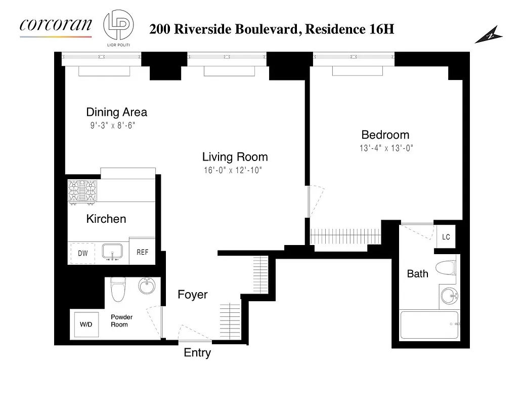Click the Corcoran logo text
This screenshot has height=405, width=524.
click(x=56, y=26)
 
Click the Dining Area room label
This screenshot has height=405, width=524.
click(x=116, y=112)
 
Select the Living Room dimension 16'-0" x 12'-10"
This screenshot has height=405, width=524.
click(x=233, y=171)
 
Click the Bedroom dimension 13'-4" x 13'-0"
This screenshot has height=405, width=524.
click(x=386, y=148)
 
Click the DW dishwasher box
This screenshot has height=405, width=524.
click(x=82, y=253)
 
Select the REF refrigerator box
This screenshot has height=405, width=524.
click(x=142, y=252)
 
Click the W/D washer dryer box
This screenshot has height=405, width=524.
click(x=84, y=324)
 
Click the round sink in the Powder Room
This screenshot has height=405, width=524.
click(x=147, y=287)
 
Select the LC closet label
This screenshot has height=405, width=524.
click(x=446, y=237)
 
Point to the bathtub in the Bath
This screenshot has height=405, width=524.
click(x=429, y=325)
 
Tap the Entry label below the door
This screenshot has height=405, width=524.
click(x=197, y=353)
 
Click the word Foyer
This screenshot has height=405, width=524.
click(x=192, y=295)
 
